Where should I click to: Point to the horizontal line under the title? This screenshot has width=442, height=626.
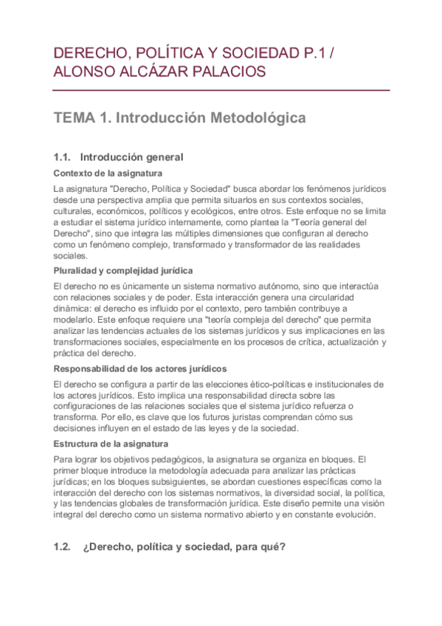pyautogui.click(x=221, y=90)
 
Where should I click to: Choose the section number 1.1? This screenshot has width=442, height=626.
pyautogui.click(x=62, y=156)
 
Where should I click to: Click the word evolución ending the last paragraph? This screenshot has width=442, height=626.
pyautogui.click(x=354, y=515)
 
